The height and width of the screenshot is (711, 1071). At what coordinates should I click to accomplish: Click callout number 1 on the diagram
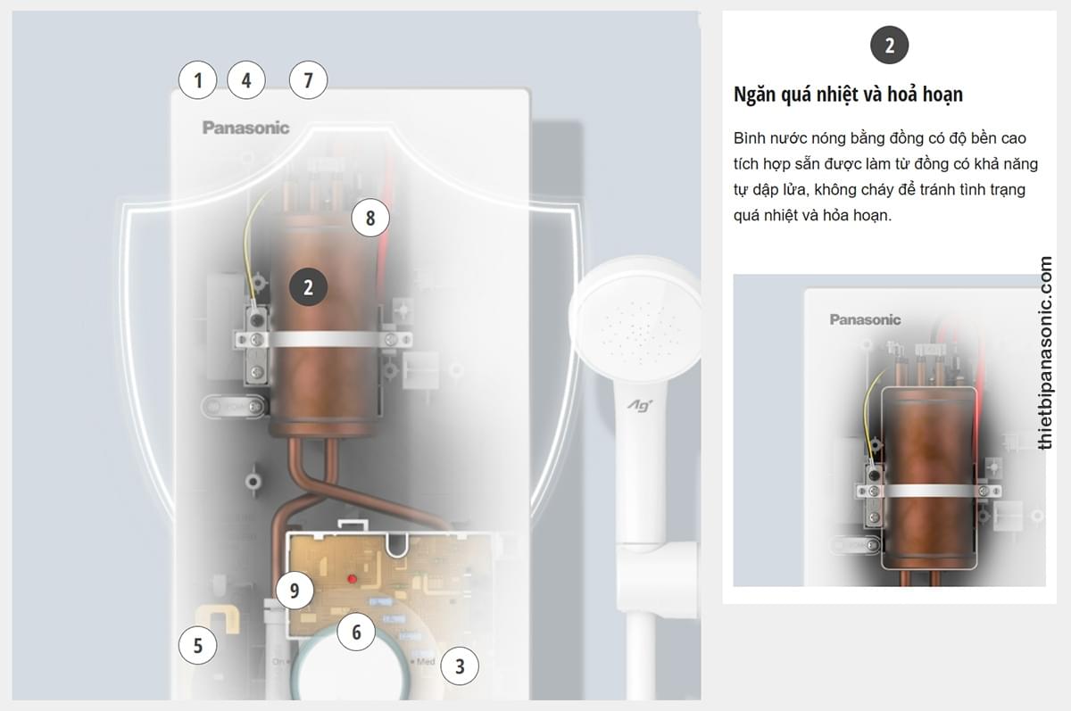pos(197,80)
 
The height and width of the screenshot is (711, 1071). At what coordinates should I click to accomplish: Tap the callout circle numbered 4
pos(246,80)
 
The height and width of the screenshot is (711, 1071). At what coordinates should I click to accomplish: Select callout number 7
pos(309,80)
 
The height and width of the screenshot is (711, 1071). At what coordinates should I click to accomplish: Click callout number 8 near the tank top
pos(370,218)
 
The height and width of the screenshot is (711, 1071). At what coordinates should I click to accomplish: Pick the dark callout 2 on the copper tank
pos(309,287)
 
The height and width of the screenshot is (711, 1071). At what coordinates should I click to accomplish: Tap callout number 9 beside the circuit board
pos(295,591)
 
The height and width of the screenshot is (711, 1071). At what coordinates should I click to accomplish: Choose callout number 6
pos(356,632)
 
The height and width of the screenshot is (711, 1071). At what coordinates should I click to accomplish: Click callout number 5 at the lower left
pos(197,646)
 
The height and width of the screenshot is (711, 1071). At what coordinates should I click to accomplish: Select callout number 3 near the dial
pos(460,666)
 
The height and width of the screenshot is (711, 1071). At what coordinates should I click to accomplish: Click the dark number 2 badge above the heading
pos(889,45)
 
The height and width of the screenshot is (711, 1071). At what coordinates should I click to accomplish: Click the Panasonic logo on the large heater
pos(245,128)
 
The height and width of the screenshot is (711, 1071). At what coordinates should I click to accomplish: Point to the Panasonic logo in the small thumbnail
pos(865,319)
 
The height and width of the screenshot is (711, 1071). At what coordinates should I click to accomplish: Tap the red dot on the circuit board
pos(352,579)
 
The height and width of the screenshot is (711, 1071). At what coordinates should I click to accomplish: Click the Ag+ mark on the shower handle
pos(640,406)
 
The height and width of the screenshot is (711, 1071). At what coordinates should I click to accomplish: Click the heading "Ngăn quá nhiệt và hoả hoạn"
pos(848,95)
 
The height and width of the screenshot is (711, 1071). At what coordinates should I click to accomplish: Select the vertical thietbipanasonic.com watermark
pos(1045,352)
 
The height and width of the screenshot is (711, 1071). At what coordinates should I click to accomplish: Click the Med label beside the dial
pos(425,662)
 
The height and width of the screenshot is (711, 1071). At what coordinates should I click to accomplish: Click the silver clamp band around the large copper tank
pos(325,340)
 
